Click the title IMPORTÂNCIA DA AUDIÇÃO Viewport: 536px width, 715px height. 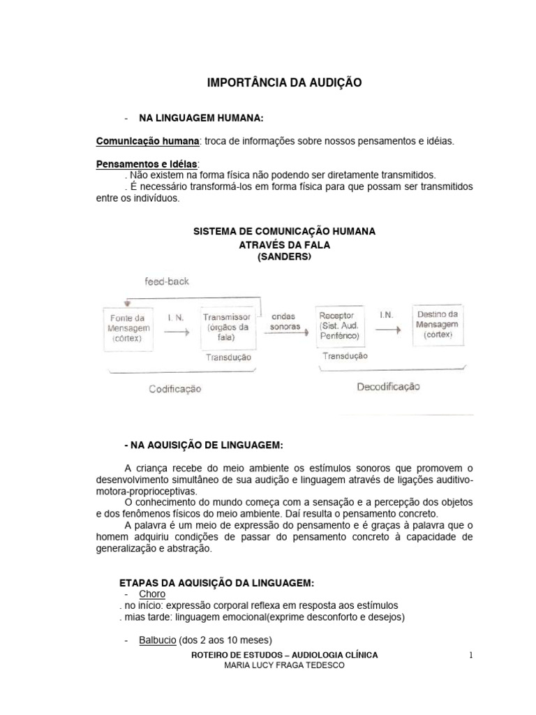click(x=285, y=83)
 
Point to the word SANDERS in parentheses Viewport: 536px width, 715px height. click(x=284, y=257)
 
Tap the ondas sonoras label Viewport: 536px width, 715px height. click(x=282, y=321)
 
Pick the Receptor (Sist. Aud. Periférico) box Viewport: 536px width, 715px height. click(x=340, y=325)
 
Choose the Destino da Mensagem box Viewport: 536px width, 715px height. click(x=436, y=324)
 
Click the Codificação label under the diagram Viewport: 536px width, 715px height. click(x=174, y=389)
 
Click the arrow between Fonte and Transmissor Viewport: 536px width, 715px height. click(x=176, y=332)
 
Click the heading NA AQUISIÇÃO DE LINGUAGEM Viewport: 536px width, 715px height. click(x=204, y=445)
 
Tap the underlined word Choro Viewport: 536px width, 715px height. click(x=152, y=594)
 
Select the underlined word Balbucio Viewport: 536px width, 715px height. click(x=157, y=639)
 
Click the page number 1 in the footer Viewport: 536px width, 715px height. click(x=471, y=655)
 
